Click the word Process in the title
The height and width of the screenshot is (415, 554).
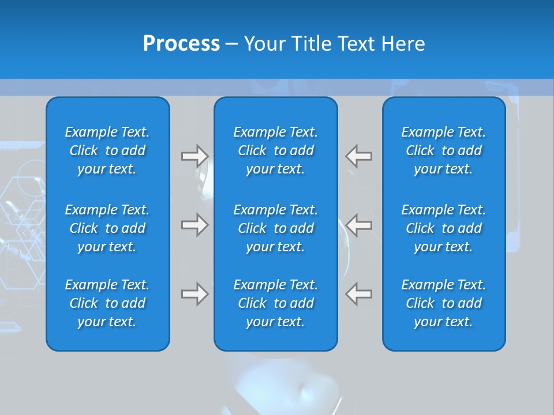tap(181, 44)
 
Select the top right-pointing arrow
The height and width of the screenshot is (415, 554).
tap(194, 156)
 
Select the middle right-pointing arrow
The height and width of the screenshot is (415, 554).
tap(194, 225)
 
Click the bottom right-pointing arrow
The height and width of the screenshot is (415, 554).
tap(194, 294)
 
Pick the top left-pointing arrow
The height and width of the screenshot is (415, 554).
tap(359, 156)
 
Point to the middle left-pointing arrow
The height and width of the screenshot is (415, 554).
tap(359, 225)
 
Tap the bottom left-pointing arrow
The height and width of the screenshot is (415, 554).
tap(359, 294)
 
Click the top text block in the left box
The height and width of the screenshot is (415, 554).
tap(107, 150)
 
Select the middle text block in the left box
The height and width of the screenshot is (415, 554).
tap(107, 228)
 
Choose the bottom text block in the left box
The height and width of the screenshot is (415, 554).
tap(107, 303)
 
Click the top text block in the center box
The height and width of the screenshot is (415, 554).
tap(276, 150)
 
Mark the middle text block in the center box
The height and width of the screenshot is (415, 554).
tap(276, 228)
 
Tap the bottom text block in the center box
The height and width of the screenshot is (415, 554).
tap(276, 303)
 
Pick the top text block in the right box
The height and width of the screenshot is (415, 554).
tap(444, 150)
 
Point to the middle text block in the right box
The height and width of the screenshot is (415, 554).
tap(444, 228)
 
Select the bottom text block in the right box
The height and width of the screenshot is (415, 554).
tap(444, 303)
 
